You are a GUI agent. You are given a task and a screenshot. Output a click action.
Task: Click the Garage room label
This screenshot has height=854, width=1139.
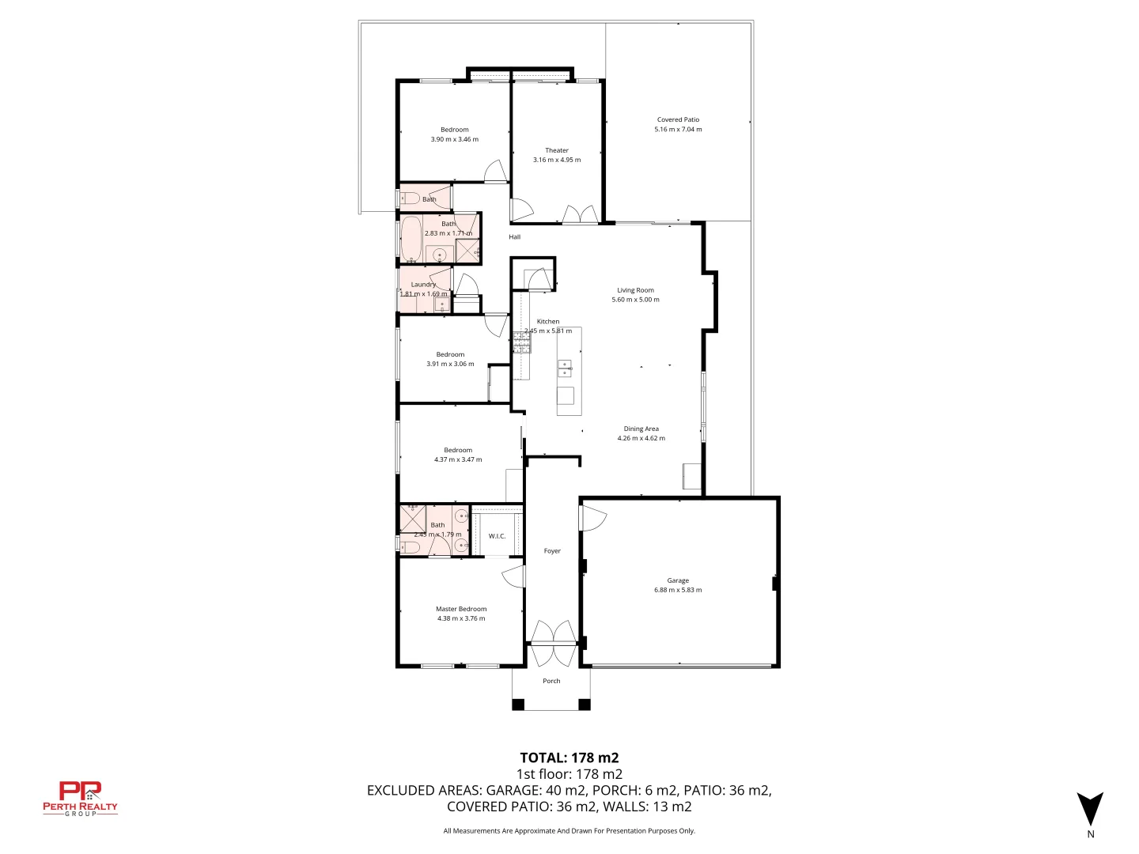677,580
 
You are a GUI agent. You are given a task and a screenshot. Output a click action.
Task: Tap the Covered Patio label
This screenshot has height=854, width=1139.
678,119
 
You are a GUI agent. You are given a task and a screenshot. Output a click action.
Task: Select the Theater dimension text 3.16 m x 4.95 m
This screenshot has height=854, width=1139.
557,160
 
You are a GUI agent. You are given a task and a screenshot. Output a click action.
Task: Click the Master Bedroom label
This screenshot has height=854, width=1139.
461,609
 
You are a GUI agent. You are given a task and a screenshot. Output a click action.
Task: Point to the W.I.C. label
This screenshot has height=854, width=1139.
497,536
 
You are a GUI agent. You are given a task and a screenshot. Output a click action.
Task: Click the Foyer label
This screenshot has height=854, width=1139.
552,551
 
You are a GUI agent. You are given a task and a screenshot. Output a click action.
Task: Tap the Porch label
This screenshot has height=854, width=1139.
551,681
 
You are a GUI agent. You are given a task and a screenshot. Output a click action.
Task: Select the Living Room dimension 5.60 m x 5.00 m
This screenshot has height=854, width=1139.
635,300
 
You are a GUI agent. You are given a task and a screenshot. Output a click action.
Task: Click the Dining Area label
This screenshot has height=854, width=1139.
641,429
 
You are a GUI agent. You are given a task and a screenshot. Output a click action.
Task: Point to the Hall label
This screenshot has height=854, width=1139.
515,237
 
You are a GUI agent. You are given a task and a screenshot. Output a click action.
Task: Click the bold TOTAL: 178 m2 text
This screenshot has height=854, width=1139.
569,758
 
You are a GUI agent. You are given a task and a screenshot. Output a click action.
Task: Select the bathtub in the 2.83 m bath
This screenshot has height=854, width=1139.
411,239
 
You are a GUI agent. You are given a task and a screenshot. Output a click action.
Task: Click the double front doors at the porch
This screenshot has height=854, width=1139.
552,644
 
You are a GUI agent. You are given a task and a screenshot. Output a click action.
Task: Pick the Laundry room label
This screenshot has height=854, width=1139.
423,285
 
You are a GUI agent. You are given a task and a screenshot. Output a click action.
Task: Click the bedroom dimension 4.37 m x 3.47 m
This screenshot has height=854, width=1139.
458,459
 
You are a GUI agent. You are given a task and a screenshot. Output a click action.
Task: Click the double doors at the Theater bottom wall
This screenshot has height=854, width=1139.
579,215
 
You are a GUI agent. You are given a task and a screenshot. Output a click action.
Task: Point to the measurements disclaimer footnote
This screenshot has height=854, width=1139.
569,830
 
